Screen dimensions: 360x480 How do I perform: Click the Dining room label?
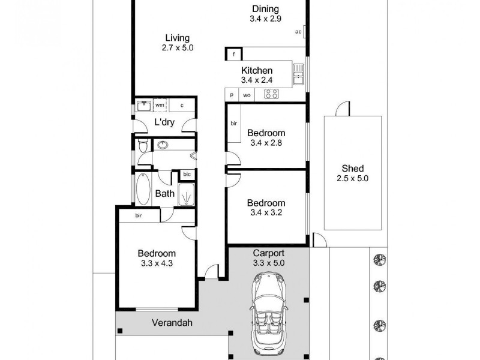[x=265, y=8]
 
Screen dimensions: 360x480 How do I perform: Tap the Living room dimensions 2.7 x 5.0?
[x=178, y=47]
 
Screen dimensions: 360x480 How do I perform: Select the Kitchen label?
[x=257, y=71]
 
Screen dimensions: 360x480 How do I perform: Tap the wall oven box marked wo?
[x=247, y=95]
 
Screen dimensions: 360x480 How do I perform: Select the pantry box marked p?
[x=231, y=95]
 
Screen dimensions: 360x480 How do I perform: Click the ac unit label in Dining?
[x=298, y=32]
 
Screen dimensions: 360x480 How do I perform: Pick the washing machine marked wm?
[x=160, y=105]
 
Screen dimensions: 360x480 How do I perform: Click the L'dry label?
[x=164, y=122]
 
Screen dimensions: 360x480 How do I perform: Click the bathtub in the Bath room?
[x=144, y=189]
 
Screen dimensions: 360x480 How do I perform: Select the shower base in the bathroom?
[x=186, y=194]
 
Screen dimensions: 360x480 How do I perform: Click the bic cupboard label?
[x=187, y=175]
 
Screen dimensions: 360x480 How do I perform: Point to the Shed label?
[x=353, y=168]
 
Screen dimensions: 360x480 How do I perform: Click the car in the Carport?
[x=268, y=311]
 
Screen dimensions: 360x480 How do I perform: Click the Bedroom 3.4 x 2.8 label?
[x=266, y=133]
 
